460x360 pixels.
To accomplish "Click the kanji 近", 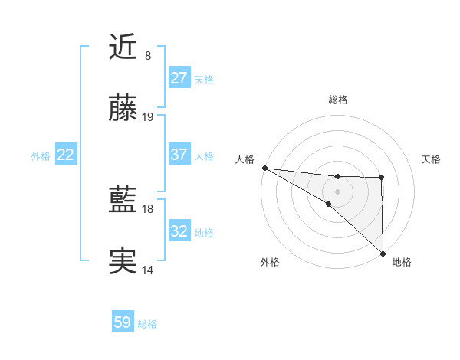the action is click(x=123, y=48).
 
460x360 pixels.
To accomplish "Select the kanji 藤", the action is click(x=123, y=110).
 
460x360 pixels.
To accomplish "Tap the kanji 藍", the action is click(x=123, y=201).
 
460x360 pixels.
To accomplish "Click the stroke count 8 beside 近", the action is click(x=147, y=56).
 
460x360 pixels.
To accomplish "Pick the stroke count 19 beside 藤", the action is click(x=148, y=117).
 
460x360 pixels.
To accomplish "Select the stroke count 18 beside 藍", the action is click(x=148, y=209).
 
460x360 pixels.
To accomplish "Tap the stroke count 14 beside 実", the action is click(x=148, y=270).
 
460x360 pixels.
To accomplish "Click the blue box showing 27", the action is click(x=179, y=78).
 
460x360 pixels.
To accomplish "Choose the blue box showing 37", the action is click(x=179, y=155).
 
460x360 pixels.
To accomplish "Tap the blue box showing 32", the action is click(x=179, y=231).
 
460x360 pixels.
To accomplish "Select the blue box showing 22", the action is click(x=65, y=155).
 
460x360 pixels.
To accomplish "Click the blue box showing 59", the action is click(x=122, y=323).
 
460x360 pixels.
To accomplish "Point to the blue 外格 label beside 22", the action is click(x=41, y=155).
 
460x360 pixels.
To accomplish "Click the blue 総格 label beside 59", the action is click(x=147, y=324).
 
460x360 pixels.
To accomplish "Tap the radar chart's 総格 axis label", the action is click(x=337, y=100).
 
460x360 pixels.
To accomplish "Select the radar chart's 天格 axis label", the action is click(x=431, y=159).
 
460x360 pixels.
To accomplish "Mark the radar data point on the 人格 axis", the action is click(x=264, y=168).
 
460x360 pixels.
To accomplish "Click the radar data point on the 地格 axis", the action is click(x=382, y=253).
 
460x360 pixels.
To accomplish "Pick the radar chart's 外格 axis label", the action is click(x=270, y=262).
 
